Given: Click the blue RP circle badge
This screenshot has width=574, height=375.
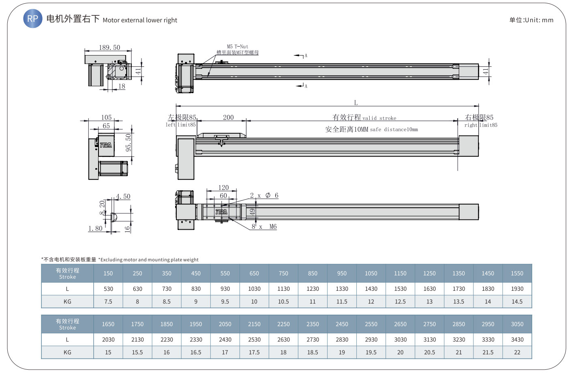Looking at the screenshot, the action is click(x=33, y=19).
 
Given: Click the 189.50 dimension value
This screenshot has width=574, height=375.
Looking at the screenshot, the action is click(x=109, y=48).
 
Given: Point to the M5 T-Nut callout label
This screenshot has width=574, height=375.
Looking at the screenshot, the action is click(x=238, y=47).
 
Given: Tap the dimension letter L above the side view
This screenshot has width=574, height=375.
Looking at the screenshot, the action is click(x=356, y=102).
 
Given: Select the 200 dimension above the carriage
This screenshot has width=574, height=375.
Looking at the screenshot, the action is click(x=228, y=117).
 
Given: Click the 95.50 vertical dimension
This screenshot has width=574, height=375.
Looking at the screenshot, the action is click(x=128, y=143).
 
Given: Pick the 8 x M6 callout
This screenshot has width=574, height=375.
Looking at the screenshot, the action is click(x=264, y=226).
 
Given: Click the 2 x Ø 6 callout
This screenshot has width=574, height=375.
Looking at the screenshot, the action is click(x=264, y=195).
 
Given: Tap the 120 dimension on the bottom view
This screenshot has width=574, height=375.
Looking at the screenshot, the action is click(x=223, y=187).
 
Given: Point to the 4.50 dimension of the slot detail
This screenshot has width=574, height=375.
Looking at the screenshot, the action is click(x=123, y=196).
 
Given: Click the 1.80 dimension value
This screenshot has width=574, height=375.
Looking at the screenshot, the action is click(x=95, y=228).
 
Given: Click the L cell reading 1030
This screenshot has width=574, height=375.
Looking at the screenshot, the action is click(x=254, y=289).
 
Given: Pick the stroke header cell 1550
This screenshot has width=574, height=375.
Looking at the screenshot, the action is click(x=517, y=273).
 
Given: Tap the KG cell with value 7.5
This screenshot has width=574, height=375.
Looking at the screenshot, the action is click(x=108, y=302).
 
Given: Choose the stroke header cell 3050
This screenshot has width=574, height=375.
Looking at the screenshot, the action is click(x=517, y=324).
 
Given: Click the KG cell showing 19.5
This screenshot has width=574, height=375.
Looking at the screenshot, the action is click(x=371, y=352).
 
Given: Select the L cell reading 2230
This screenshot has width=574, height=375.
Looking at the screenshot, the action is click(x=167, y=339).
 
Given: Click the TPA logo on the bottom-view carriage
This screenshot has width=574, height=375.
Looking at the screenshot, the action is click(x=221, y=212).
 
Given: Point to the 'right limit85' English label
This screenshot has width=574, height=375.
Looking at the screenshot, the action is click(x=481, y=125).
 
